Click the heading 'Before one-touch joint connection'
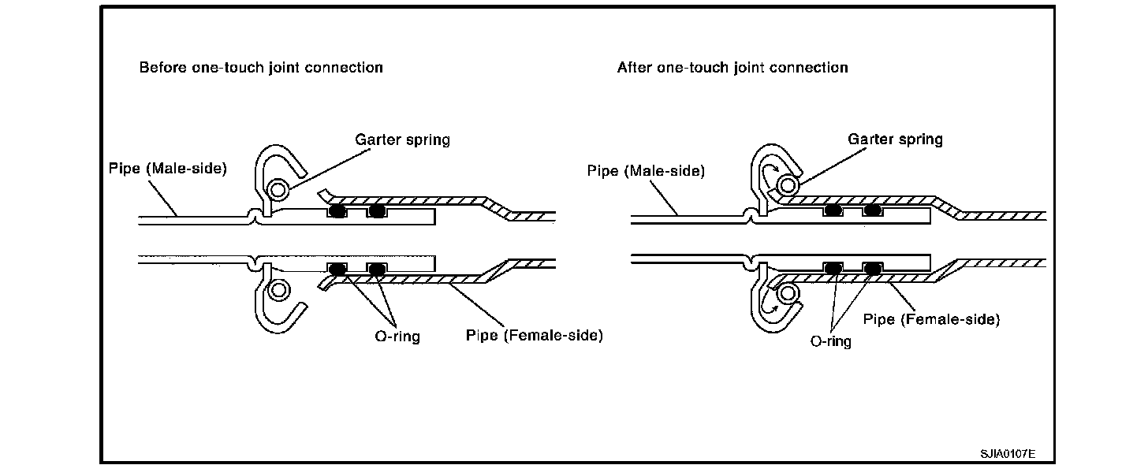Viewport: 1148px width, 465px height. point(261,68)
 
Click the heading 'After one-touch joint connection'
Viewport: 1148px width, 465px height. point(732,68)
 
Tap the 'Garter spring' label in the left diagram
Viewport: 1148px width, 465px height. point(402,140)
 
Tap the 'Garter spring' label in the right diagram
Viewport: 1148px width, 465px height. point(895,139)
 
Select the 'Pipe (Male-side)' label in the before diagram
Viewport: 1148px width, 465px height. point(168,169)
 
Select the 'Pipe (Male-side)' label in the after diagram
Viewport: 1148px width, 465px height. point(646,170)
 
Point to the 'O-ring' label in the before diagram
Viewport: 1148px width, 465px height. point(397,337)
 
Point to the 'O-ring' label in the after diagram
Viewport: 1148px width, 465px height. point(831,342)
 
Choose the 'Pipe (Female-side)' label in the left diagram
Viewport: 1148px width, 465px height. point(535,336)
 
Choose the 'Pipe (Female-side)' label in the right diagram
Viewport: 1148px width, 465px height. point(931,319)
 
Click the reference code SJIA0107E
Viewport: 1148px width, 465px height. point(1008,455)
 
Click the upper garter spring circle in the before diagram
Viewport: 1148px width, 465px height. point(278,189)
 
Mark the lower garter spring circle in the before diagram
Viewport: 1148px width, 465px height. point(278,290)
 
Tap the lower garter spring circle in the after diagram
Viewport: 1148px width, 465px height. point(786,293)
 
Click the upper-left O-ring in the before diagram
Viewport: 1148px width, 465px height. point(338,211)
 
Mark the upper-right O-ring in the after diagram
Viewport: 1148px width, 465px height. point(871,210)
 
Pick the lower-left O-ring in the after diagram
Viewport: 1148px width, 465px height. point(832,269)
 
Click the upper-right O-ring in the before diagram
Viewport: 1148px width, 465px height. point(377,211)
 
